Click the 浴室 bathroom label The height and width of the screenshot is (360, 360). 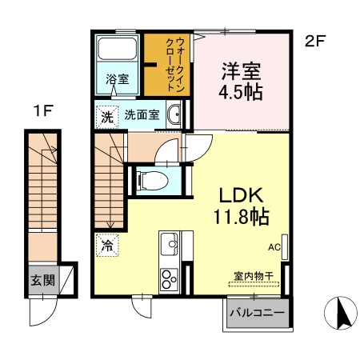[x=118, y=78]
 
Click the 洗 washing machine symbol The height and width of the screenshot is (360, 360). [x=106, y=115]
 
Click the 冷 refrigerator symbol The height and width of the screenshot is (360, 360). [x=106, y=246]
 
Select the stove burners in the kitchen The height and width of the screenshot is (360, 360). [x=170, y=279]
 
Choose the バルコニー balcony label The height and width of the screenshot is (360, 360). [x=258, y=311]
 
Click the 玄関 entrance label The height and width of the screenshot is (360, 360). [x=43, y=281]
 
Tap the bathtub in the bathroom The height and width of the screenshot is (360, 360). [x=118, y=52]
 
